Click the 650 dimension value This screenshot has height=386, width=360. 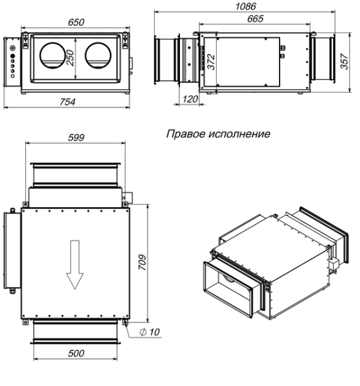point(76,21)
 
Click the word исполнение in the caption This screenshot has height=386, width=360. point(239,134)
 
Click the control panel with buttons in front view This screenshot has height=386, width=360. point(13,62)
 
